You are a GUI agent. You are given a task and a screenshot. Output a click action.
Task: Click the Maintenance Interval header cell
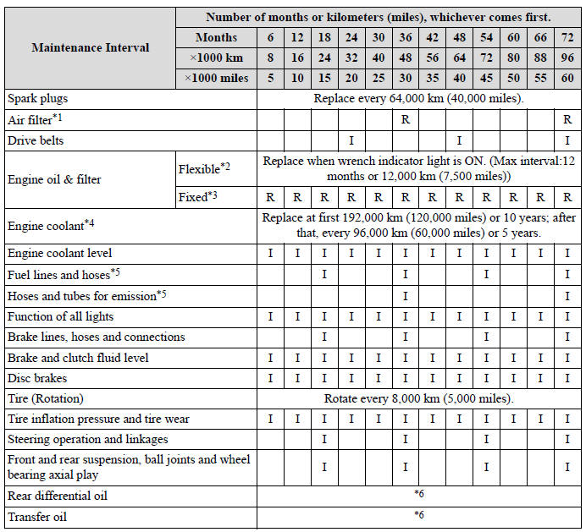[90, 47]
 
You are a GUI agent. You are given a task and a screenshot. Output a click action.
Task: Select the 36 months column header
[406, 37]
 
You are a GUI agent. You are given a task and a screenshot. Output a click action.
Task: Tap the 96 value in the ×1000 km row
[566, 58]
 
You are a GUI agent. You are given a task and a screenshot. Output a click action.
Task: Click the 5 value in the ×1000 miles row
[270, 78]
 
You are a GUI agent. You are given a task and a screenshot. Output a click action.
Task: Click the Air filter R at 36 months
[406, 119]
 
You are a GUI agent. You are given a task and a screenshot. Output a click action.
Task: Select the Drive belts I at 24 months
[351, 140]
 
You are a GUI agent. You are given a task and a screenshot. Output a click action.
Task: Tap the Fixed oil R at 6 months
[270, 198]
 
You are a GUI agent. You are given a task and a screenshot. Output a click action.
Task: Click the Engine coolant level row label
[59, 253]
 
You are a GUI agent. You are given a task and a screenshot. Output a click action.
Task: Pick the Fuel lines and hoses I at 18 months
[324, 274]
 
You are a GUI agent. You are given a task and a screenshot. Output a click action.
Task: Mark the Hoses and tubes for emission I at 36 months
[406, 295]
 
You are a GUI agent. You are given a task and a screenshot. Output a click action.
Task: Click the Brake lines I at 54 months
[485, 337]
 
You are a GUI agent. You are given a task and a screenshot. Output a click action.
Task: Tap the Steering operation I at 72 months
[566, 440]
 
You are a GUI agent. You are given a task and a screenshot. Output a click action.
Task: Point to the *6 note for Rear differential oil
[419, 495]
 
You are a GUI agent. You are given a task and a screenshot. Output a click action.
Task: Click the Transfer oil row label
[37, 516]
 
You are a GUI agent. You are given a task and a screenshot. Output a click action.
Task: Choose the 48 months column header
[459, 37]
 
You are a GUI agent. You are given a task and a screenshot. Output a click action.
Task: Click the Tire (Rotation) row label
[46, 398]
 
